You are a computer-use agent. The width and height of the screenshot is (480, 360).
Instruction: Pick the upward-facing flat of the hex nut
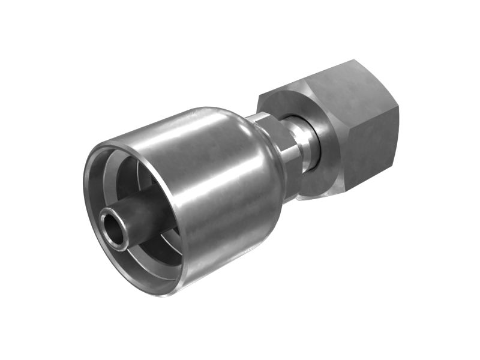312,84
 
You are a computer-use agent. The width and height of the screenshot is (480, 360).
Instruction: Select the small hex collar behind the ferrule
273,144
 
